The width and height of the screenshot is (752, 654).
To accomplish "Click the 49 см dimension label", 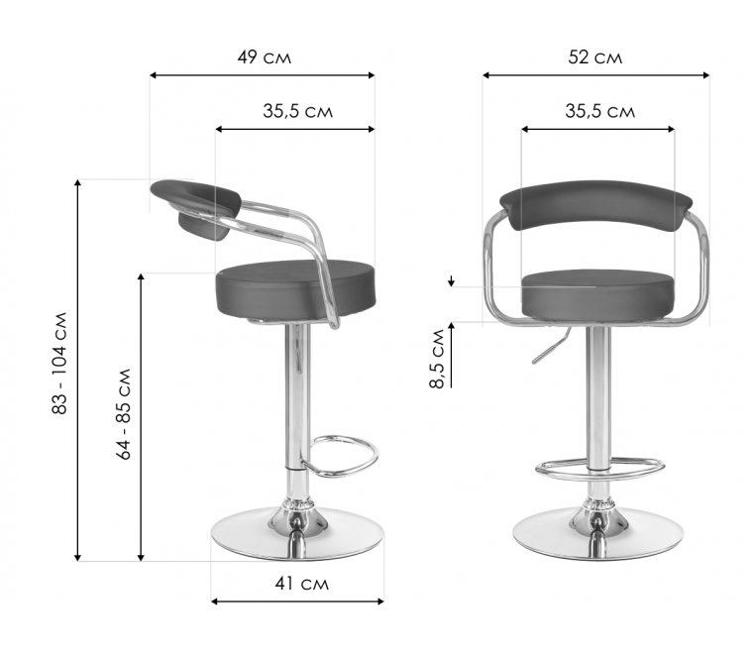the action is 264,57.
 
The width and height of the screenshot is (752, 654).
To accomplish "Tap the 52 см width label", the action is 594,57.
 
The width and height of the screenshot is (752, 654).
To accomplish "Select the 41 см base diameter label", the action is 301,584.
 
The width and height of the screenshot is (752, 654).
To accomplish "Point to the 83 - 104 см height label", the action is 59,364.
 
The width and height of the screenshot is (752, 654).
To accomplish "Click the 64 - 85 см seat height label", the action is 124,414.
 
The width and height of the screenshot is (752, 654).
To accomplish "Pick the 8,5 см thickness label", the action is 437,359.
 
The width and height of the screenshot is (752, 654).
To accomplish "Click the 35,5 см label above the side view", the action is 297,111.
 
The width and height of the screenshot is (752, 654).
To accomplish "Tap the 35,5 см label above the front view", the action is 599,111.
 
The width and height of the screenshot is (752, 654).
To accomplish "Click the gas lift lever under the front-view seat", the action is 552,346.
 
